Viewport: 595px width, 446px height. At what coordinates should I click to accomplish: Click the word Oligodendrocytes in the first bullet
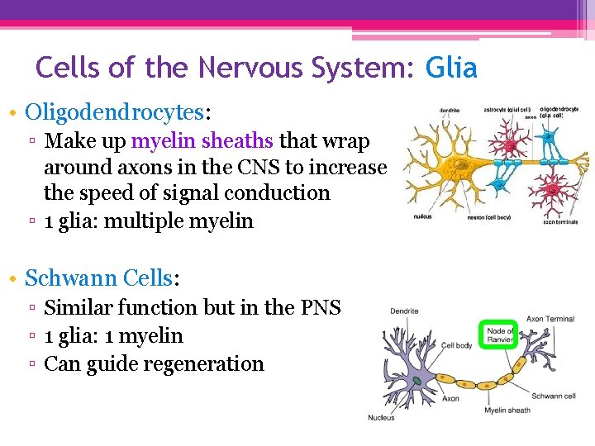[x=114, y=111]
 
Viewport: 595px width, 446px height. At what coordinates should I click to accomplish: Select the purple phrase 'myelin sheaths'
[x=205, y=141]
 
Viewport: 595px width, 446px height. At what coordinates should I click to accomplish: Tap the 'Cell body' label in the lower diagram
[x=456, y=345]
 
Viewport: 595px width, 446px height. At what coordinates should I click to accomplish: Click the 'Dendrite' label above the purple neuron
[x=404, y=311]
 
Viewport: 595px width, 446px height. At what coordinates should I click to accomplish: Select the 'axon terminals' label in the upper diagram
[x=559, y=221]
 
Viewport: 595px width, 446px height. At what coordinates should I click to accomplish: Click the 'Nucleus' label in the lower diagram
[x=381, y=417]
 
